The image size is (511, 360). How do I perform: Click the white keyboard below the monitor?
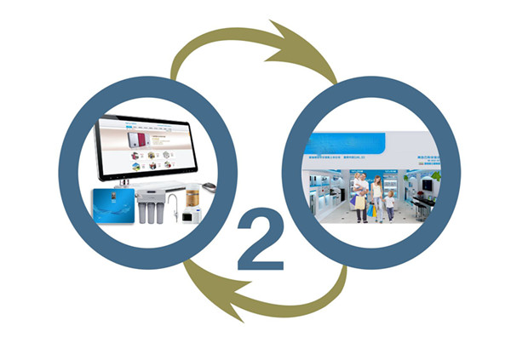[162, 186]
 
